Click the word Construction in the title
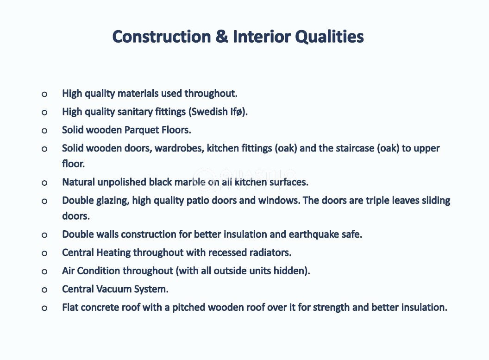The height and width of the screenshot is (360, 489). click(162, 37)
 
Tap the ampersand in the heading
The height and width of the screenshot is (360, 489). click(222, 37)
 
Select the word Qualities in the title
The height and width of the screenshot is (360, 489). click(329, 37)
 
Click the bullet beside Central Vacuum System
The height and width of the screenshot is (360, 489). click(44, 290)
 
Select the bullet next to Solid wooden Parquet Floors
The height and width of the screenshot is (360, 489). click(44, 131)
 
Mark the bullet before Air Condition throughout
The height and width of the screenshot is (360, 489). click(44, 272)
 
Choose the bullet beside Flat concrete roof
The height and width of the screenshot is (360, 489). click(44, 309)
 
